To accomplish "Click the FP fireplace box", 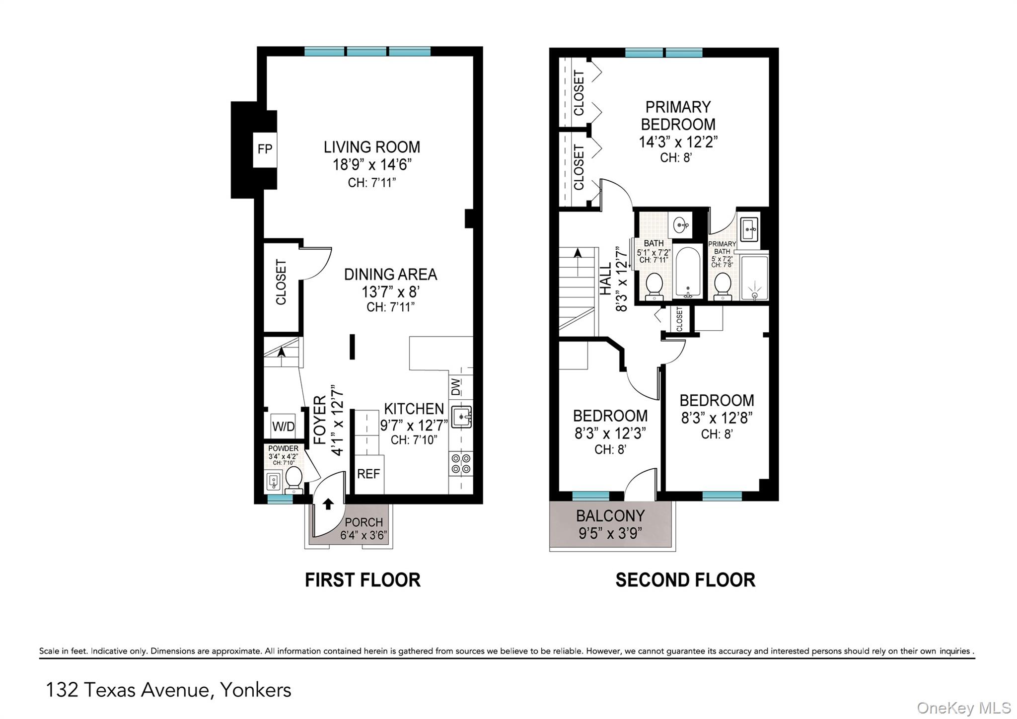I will (x=265, y=149).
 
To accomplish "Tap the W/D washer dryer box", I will (x=283, y=426).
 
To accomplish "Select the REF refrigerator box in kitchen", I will (x=368, y=474).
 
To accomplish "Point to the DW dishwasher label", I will (x=455, y=387).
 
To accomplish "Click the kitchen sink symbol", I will (x=461, y=416).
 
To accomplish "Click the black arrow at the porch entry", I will (x=328, y=504).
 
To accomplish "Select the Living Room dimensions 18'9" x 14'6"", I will (x=372, y=164).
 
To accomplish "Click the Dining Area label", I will (x=390, y=274).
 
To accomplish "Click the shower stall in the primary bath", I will (x=754, y=278).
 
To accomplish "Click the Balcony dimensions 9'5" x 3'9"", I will (x=610, y=533).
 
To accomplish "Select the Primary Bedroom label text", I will (x=678, y=115).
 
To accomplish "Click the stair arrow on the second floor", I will (x=578, y=253).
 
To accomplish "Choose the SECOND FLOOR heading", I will (x=685, y=580).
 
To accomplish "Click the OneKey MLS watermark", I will (x=963, y=708).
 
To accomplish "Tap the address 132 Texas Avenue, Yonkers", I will (x=168, y=690).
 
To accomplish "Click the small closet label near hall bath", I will (x=679, y=319).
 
